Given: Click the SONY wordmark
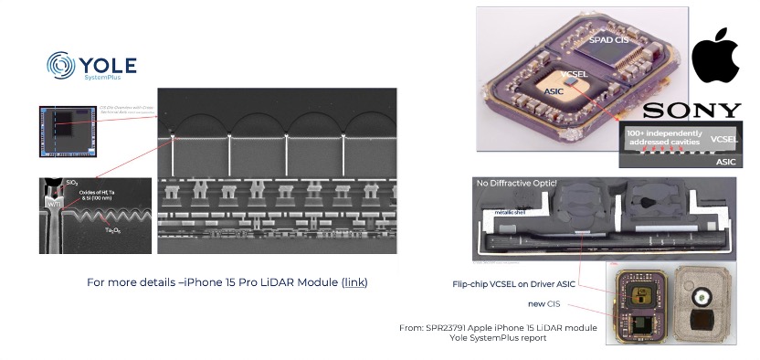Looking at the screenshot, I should click(x=691, y=111).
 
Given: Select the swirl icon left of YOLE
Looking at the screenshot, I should click(x=61, y=68).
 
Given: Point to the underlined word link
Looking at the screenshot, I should click(x=354, y=283).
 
